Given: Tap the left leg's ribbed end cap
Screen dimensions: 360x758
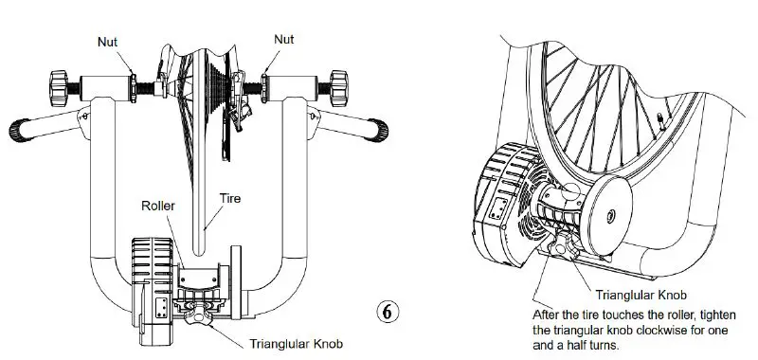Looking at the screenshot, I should click(18, 127).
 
